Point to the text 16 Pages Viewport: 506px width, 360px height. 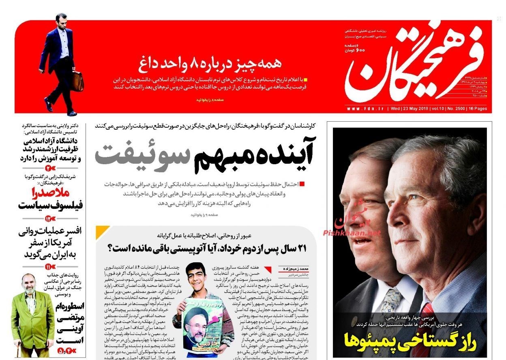(478, 109)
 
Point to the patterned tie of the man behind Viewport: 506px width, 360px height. (391, 300)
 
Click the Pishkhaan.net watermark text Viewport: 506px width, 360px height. (352, 233)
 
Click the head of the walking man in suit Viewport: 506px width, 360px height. (61, 20)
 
